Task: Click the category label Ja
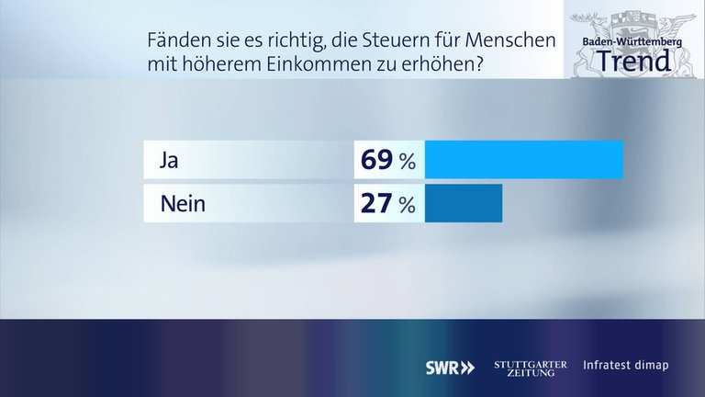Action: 168,161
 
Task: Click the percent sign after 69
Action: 408,163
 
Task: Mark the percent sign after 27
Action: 408,206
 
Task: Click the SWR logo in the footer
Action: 450,367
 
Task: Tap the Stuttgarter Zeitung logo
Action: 531,367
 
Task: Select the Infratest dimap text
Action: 626,366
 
